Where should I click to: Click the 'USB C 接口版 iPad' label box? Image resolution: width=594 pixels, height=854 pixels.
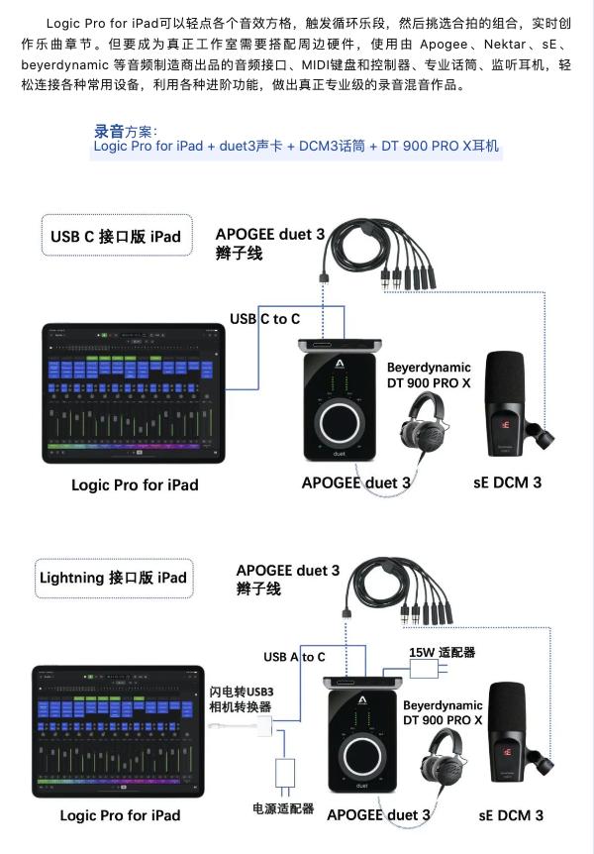point(116,237)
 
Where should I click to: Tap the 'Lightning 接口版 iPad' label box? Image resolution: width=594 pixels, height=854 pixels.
point(113,578)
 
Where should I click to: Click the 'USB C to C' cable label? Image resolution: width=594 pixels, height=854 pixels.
point(264,318)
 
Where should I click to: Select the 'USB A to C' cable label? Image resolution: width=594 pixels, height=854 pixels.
point(294,656)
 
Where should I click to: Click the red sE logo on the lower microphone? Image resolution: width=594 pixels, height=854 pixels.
point(507,750)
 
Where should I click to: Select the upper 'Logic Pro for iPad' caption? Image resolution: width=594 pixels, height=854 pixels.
point(135,484)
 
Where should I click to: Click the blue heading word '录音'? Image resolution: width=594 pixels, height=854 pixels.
point(109,131)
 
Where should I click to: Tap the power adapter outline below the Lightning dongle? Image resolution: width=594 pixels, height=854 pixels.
point(285,773)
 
